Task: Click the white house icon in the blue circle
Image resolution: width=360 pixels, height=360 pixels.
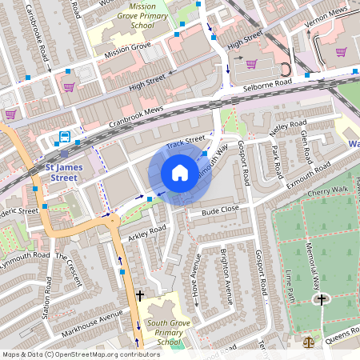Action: [x=180, y=173]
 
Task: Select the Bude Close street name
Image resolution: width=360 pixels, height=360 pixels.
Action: [x=220, y=211]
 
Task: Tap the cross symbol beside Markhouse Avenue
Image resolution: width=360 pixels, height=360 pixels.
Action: [x=140, y=295]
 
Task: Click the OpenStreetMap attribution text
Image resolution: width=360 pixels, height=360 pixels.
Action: [x=81, y=354]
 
